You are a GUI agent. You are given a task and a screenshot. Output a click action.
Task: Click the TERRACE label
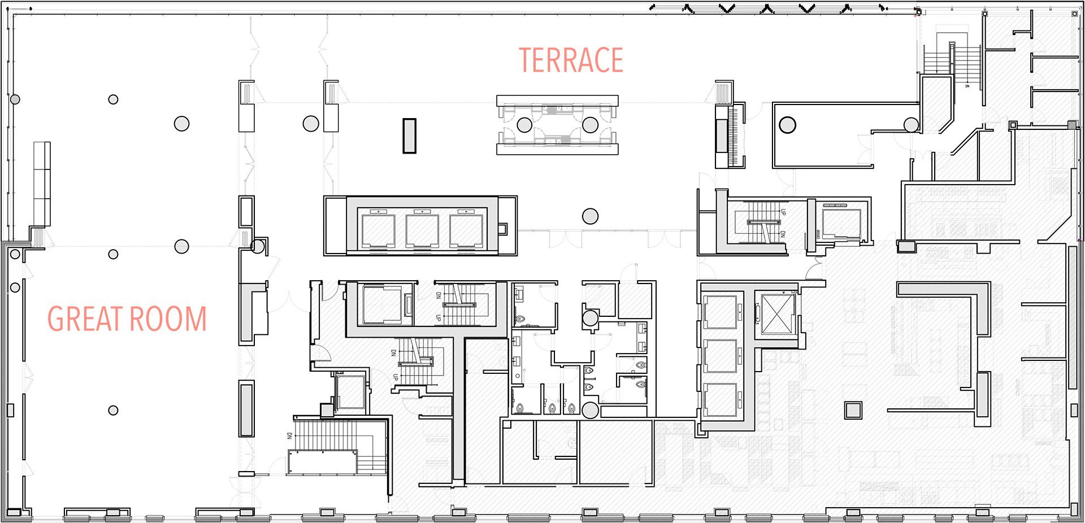coord(571,60)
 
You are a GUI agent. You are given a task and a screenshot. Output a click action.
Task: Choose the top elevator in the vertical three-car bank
coord(721,311)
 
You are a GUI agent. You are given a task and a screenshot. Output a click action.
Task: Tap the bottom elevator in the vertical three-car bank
coord(721,399)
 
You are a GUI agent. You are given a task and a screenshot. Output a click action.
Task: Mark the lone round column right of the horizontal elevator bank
coord(590,216)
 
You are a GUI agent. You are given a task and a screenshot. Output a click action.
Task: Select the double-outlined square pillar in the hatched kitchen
coord(853,409)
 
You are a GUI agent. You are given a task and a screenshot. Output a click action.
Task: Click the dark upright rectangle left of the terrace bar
coord(409,136)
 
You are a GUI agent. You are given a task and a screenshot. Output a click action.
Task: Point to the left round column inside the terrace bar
coord(524,125)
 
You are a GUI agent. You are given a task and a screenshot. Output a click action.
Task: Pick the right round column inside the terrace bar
coord(590,125)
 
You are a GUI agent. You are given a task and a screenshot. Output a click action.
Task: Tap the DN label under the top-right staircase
coord(967,86)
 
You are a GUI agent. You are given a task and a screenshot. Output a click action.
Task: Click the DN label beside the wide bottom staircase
coord(289,436)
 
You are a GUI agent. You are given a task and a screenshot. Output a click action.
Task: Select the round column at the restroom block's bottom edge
coord(590,410)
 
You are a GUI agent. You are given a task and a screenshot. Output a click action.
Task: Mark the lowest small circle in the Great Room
coord(113,411)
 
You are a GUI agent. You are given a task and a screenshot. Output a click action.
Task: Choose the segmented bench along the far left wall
coord(42,184)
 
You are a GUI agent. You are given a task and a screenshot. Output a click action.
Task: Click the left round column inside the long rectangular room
coord(787,124)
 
